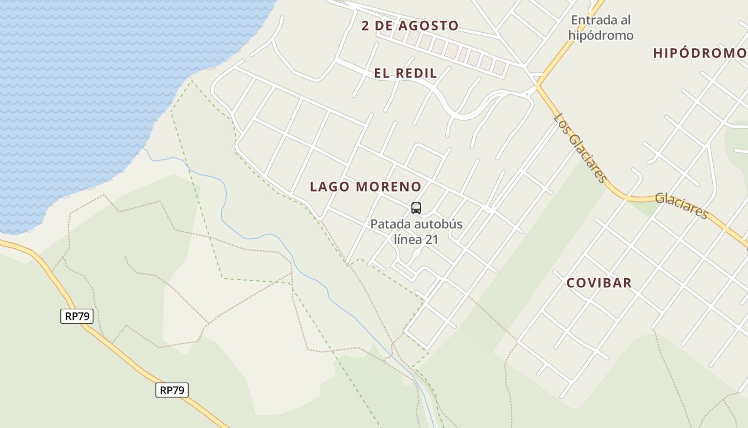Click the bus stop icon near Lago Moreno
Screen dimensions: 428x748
point(416,208)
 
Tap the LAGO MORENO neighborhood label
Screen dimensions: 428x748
point(365,187)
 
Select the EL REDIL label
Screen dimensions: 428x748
point(406,74)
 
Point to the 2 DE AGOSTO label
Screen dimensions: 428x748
point(410,26)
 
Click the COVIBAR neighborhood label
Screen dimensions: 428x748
point(599,283)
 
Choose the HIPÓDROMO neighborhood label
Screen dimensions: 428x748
point(700,53)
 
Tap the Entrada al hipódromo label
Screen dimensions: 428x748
point(601,28)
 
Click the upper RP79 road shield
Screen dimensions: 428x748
point(77,316)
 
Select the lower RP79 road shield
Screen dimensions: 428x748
point(172,390)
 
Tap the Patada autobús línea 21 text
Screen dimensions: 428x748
point(416,231)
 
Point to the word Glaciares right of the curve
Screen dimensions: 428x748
point(682,205)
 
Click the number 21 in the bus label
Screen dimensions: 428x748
point(432,239)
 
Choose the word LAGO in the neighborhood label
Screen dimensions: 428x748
point(330,187)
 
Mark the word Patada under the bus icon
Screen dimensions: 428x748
point(388,224)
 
